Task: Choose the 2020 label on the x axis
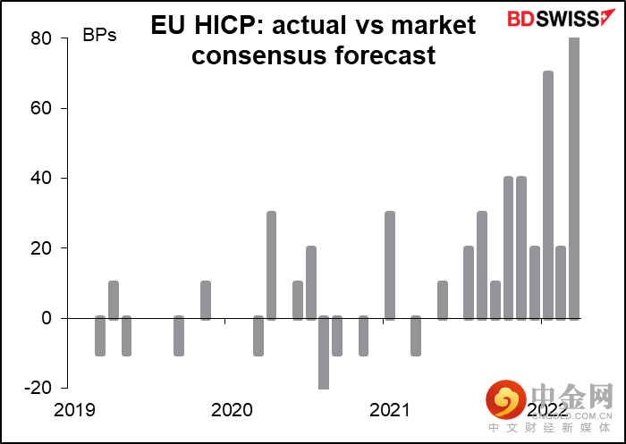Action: (232, 410)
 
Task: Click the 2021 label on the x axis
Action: (390, 410)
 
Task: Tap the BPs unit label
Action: (99, 36)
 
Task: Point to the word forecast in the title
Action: (391, 55)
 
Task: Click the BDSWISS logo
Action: (555, 19)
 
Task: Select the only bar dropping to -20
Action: (324, 352)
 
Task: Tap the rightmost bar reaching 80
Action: (574, 178)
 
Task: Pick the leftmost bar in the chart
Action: (100, 335)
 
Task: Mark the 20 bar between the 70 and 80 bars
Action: (561, 282)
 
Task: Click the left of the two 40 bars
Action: (508, 247)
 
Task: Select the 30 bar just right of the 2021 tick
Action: (390, 265)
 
